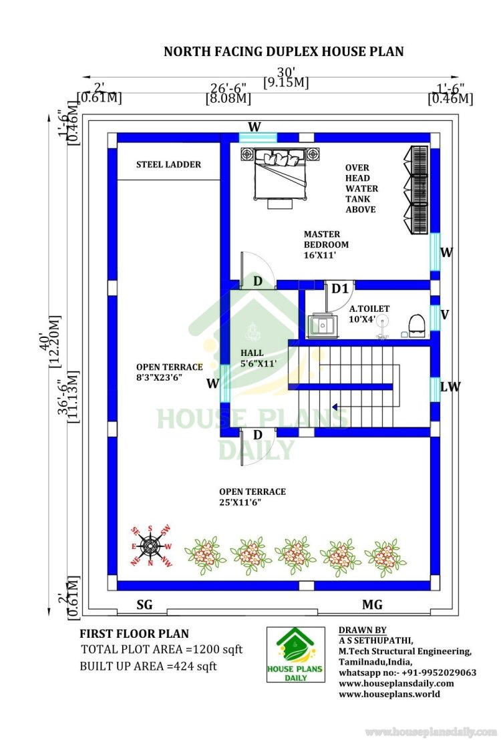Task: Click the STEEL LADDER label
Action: pyautogui.click(x=168, y=165)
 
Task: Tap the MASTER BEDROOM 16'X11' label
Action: pyautogui.click(x=326, y=244)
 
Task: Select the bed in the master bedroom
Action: pyautogui.click(x=281, y=174)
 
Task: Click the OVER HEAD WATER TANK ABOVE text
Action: pyautogui.click(x=361, y=188)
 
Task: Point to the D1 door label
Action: pyautogui.click(x=339, y=289)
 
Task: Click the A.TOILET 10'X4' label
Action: pyautogui.click(x=369, y=314)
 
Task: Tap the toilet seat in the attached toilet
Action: pyautogui.click(x=417, y=326)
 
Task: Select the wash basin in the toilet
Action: pyautogui.click(x=323, y=326)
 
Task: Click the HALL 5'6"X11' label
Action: pyautogui.click(x=258, y=358)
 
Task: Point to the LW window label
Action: pyautogui.click(x=450, y=387)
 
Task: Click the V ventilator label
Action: pyautogui.click(x=444, y=315)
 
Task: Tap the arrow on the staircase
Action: pyautogui.click(x=335, y=407)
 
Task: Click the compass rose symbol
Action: pyautogui.click(x=150, y=546)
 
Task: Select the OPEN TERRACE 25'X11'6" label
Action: pyautogui.click(x=252, y=497)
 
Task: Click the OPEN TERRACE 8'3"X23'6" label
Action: pyautogui.click(x=169, y=372)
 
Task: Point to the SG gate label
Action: pyautogui.click(x=144, y=604)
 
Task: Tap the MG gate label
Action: pyautogui.click(x=372, y=604)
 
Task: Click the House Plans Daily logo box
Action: pyautogui.click(x=296, y=655)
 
